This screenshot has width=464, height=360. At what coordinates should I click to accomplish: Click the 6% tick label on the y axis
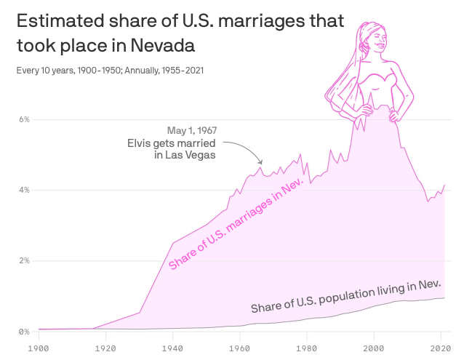23,119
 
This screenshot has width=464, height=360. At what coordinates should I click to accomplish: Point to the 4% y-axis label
23,190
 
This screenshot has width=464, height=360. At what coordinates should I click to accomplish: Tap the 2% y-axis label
23,260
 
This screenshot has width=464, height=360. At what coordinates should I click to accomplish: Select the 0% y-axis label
23,332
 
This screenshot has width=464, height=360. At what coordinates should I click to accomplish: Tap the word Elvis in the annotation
141,143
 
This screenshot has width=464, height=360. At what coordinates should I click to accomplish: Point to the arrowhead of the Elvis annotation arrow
261,163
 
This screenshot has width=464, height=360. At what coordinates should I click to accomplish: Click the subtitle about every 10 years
110,71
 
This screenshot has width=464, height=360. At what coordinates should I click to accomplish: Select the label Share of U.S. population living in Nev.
345,296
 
